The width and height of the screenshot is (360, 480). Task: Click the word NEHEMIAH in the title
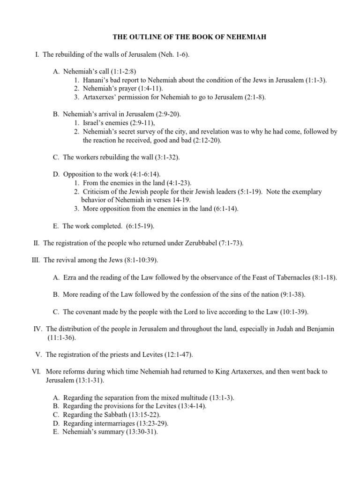246,37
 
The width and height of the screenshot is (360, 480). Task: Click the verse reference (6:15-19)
138,226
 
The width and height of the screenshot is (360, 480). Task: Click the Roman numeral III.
35,260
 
